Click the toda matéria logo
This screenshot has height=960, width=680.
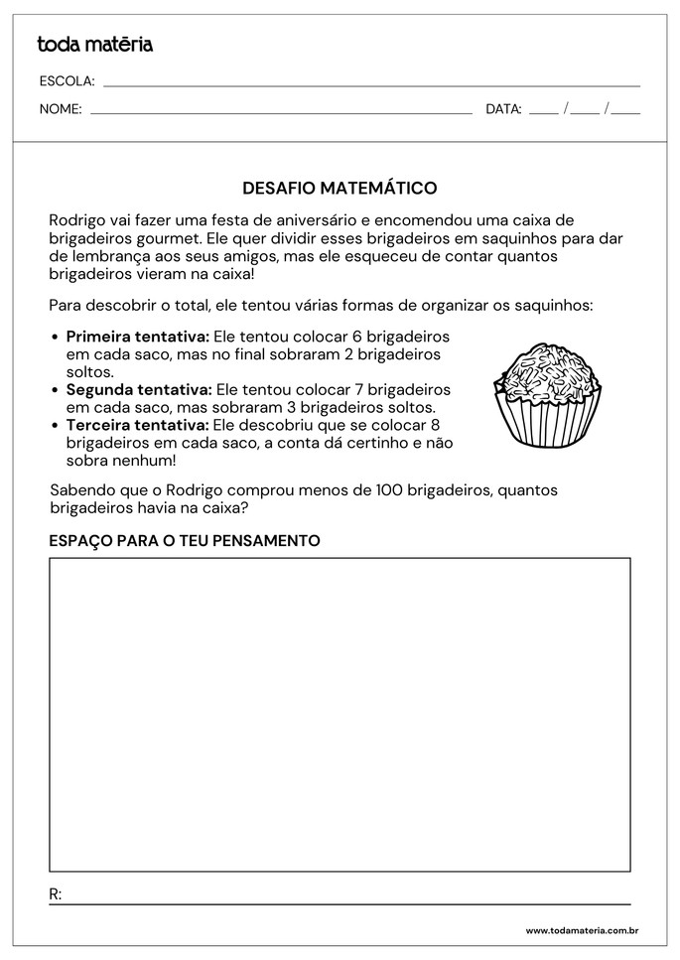coord(95,44)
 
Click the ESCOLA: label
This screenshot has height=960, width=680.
coord(67,80)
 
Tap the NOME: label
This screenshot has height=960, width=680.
coord(61,109)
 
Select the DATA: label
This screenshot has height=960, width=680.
coord(503,109)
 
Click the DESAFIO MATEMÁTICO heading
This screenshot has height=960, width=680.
coord(340,188)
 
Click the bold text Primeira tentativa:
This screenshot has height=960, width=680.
coord(137,336)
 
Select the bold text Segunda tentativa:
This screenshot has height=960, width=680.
coord(138,389)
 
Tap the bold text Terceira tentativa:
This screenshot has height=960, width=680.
coord(137,425)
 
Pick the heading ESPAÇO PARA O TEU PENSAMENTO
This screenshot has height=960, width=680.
coord(185,540)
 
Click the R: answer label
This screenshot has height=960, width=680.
coord(56,893)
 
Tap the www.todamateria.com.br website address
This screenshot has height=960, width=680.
coord(581,930)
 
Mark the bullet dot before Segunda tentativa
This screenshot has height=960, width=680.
coord(55,390)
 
